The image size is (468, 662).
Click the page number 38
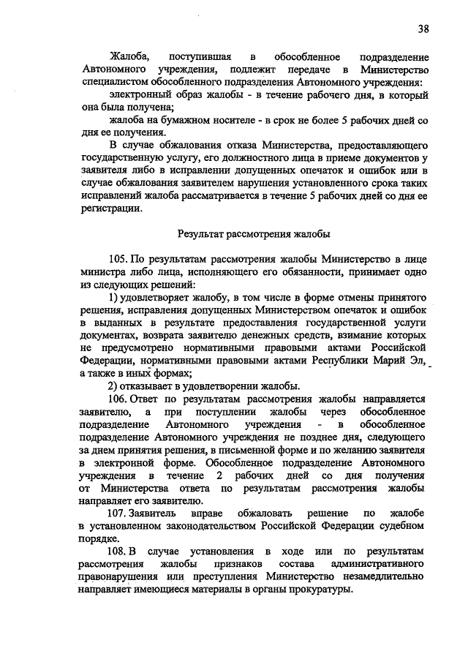(423, 29)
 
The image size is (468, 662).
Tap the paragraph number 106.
(120, 399)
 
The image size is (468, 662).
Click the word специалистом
(107, 83)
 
